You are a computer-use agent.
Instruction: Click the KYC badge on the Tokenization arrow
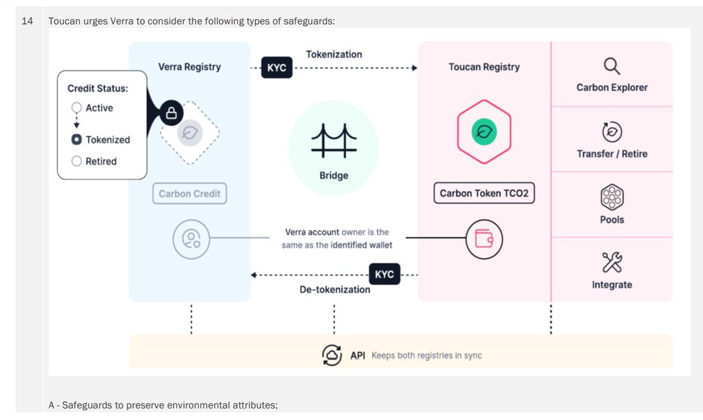point(277,68)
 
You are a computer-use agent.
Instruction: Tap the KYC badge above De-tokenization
point(384,274)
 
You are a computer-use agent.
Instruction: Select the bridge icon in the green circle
point(333,142)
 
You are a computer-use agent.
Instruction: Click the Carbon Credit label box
point(189,194)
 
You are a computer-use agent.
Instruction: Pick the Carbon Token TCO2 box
point(484,193)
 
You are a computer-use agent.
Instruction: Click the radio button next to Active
point(77,108)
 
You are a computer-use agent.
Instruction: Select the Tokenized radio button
point(77,139)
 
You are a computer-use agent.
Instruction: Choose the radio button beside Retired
point(77,161)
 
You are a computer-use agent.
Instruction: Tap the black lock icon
point(172,113)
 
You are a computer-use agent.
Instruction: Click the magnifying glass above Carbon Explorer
point(612,66)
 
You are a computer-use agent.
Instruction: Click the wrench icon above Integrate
point(612,262)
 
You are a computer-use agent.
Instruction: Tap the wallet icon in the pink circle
point(484,238)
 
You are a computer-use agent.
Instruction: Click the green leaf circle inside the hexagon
point(484,132)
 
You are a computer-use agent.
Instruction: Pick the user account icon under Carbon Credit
point(191,238)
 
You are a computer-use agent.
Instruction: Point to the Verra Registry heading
point(189,67)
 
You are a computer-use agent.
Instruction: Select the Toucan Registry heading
point(484,67)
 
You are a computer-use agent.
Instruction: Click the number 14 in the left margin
point(27,22)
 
